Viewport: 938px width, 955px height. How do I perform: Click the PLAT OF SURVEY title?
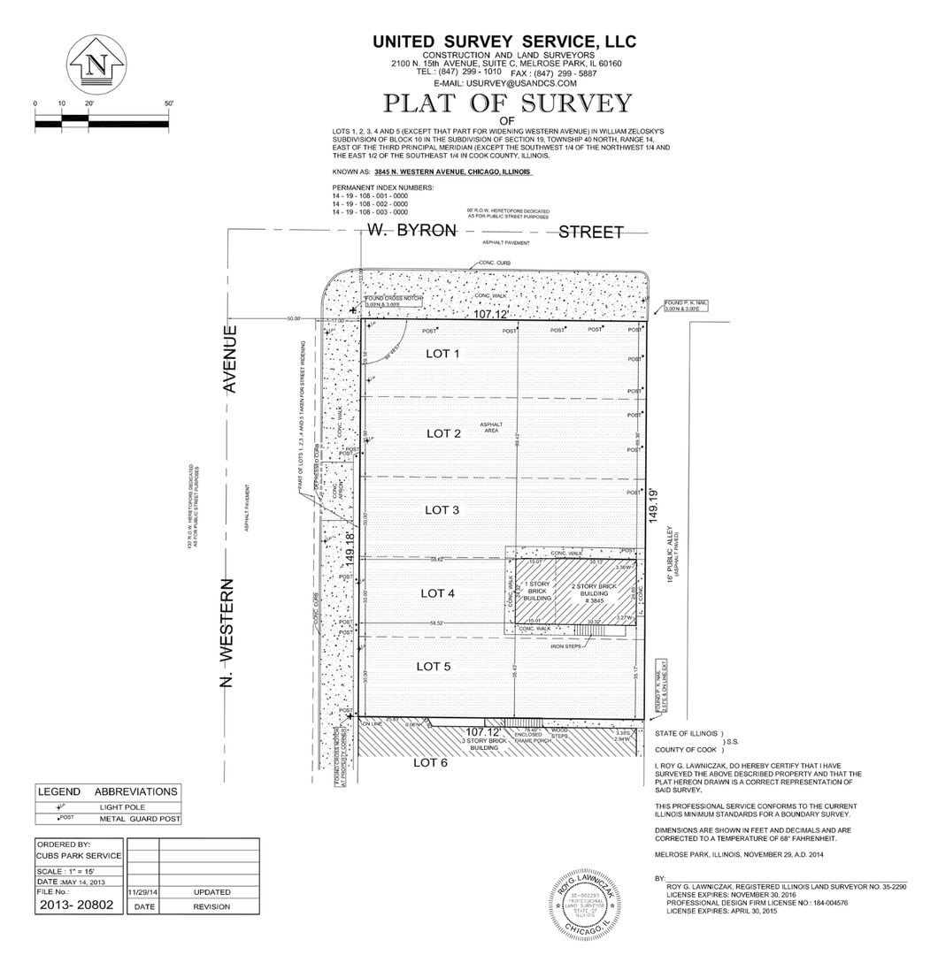pos(506,103)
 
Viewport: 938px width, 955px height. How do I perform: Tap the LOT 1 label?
pos(443,354)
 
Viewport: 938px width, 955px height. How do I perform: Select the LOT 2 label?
pos(443,433)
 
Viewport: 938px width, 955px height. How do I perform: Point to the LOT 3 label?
pos(442,510)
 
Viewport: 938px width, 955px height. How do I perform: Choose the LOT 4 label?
pos(438,593)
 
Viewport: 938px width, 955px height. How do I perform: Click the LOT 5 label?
pos(434,666)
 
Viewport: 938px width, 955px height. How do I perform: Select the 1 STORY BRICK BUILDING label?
pos(538,592)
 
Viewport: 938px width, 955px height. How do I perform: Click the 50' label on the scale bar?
pos(168,103)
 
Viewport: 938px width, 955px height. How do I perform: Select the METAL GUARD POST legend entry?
pos(138,820)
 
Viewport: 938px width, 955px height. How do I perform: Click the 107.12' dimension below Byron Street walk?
pos(493,314)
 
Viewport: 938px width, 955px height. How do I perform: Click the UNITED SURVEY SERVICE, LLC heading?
pos(504,42)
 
